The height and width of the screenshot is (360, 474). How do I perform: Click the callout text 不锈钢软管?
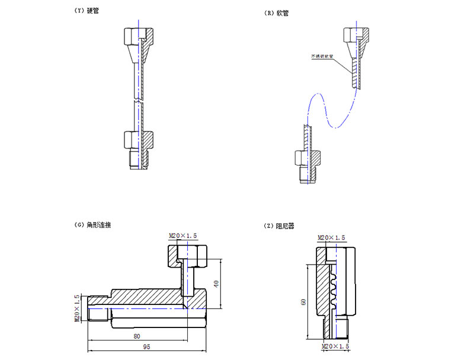(x=322, y=57)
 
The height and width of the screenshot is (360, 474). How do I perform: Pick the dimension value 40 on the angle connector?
(x=217, y=283)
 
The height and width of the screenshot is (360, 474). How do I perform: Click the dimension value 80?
(x=137, y=336)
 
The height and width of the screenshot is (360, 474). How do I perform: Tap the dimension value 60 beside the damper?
(x=303, y=302)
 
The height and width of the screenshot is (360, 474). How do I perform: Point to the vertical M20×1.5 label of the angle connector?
(x=77, y=308)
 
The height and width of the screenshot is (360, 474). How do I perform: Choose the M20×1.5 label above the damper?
(x=332, y=237)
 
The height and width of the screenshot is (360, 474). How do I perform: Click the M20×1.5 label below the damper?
(x=335, y=345)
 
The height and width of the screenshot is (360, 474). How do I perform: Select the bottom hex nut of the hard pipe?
(x=132, y=140)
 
